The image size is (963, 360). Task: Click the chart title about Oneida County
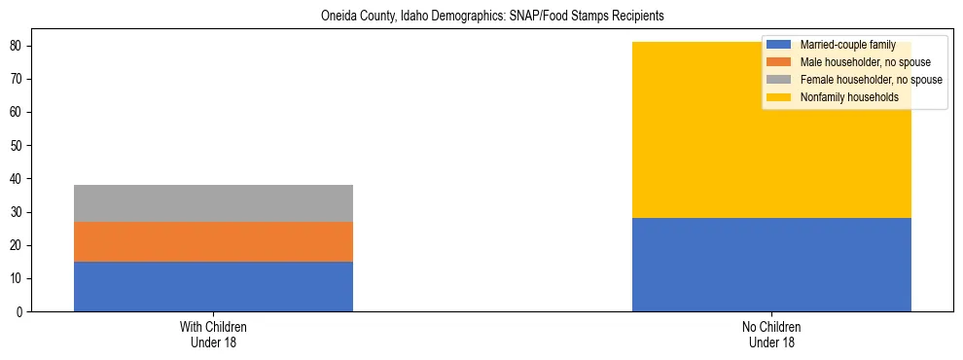pos(482,17)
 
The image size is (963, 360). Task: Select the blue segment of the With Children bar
pos(213,286)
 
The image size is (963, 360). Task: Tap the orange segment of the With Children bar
pos(213,241)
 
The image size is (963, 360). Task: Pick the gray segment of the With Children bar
pos(213,203)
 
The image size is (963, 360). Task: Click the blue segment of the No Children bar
pos(771,265)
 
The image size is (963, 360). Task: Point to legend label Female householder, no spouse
pos(871,80)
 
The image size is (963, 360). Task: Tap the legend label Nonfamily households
pos(848,97)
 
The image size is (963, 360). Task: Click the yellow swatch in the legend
pos(779,97)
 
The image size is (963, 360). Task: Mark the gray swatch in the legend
pos(779,80)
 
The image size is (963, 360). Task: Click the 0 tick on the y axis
pos(20,311)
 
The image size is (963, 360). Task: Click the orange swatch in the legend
pos(779,62)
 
